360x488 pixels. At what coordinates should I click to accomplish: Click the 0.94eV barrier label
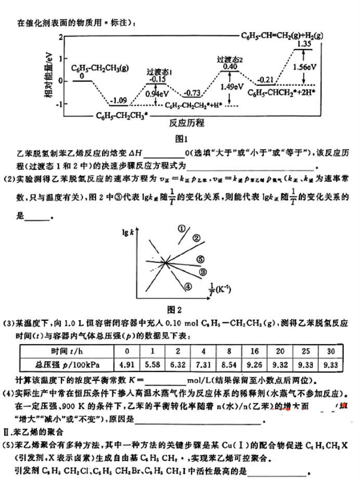pyautogui.click(x=157, y=94)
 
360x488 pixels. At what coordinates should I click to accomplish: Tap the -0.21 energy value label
pyautogui.click(x=266, y=79)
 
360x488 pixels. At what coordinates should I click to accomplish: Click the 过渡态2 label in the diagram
pyautogui.click(x=229, y=59)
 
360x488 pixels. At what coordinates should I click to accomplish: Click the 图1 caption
pyautogui.click(x=180, y=139)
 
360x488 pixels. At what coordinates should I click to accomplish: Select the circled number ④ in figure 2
pyautogui.click(x=188, y=285)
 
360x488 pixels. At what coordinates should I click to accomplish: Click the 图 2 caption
pyautogui.click(x=178, y=311)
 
